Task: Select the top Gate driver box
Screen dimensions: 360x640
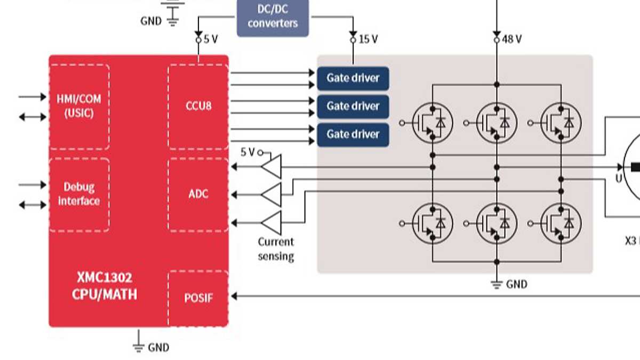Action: pos(353,78)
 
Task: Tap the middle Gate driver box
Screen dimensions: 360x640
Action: pos(353,107)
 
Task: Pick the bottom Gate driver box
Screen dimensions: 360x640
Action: pos(353,134)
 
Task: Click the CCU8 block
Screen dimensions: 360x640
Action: pos(198,106)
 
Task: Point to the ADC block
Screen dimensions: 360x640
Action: pos(198,194)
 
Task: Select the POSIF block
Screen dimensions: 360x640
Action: pos(198,298)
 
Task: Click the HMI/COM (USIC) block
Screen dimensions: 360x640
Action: pos(79,106)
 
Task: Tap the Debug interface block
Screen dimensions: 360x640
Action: pos(79,194)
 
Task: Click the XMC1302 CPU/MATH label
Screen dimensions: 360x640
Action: pos(105,286)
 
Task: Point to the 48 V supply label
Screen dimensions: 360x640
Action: pos(511,39)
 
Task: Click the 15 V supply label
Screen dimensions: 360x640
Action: pos(368,39)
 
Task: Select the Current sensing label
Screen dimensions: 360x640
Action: pos(276,249)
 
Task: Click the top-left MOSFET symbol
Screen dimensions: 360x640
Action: pos(433,123)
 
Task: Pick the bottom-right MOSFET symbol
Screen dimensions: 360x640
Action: pos(561,222)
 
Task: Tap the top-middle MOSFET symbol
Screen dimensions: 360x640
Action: pos(497,123)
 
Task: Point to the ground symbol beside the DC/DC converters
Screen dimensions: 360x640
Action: pos(173,21)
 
